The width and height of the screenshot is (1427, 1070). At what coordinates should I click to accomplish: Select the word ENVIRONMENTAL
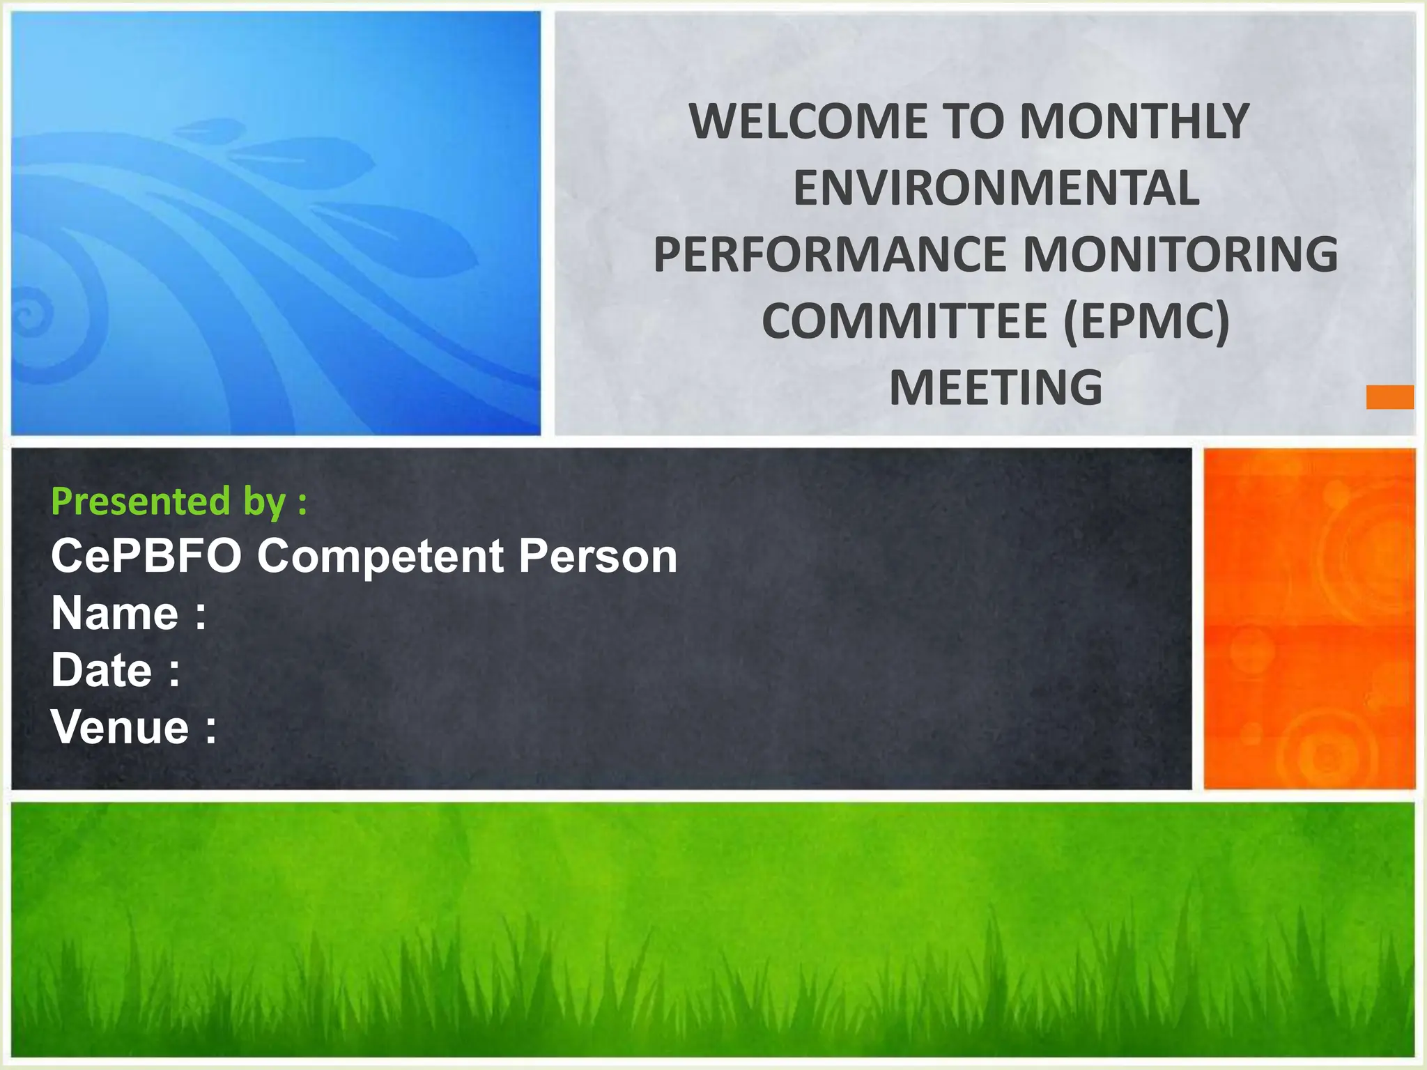(x=996, y=189)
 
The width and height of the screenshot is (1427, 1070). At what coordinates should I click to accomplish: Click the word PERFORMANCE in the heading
(x=829, y=255)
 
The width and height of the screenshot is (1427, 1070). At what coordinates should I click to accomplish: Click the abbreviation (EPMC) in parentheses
(x=1147, y=322)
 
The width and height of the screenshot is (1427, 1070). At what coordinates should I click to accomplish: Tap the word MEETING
(x=996, y=388)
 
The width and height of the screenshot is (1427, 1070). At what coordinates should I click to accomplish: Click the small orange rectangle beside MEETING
(x=1389, y=397)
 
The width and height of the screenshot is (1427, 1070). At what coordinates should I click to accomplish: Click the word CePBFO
(x=146, y=557)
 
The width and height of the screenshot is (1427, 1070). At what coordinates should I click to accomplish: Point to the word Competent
(x=380, y=557)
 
